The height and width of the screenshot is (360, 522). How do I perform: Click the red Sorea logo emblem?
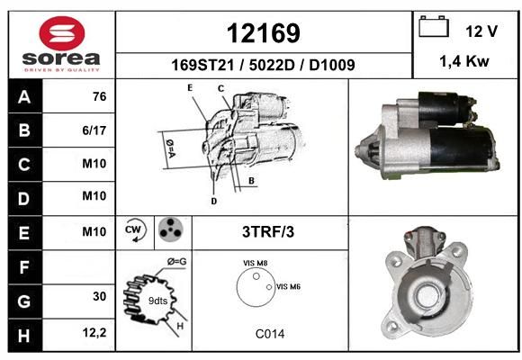pos(62,33)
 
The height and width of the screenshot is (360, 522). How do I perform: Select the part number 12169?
pos(264,33)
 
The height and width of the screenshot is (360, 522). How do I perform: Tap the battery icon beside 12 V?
pos(434,26)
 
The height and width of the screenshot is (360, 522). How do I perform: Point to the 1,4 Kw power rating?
pos(464,61)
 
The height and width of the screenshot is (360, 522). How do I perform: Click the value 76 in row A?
pos(100,96)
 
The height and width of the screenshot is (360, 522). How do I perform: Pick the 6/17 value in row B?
pos(94,130)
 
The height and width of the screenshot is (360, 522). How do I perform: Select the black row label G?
pos(25,301)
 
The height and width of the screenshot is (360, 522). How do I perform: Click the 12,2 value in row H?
pos(94,333)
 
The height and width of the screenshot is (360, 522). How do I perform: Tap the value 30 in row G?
pos(100,296)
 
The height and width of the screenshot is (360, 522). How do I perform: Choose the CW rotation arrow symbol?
pos(135,229)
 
